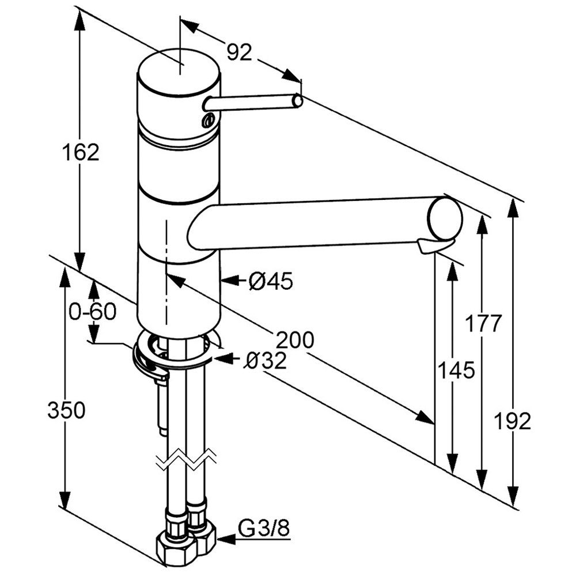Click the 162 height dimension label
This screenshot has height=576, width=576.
pyautogui.click(x=81, y=152)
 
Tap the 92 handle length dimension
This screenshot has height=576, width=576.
pyautogui.click(x=239, y=52)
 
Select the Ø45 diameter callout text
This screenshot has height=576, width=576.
pyautogui.click(x=271, y=282)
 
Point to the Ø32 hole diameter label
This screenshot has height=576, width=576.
pyautogui.click(x=266, y=361)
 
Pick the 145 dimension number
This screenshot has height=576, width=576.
pyautogui.click(x=457, y=370)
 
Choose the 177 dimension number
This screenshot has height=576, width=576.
pyautogui.click(x=483, y=323)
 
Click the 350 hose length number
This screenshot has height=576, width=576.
pyautogui.click(x=66, y=410)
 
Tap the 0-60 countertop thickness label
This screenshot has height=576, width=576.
pyautogui.click(x=92, y=312)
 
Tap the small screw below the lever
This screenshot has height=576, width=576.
pyautogui.click(x=209, y=120)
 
